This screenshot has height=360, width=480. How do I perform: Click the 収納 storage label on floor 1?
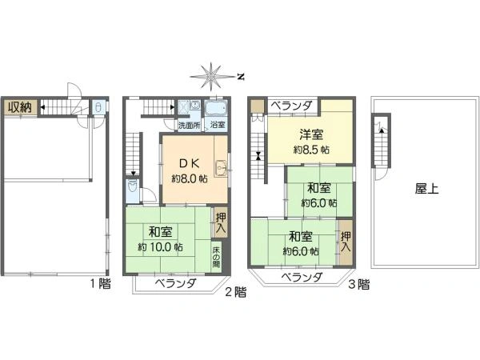coord(20,106)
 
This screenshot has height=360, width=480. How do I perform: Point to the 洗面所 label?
coord(189,125)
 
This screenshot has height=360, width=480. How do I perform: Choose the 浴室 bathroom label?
coord(218,125)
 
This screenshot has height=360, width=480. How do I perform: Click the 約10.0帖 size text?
coord(160,247)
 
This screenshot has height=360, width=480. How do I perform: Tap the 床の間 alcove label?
coord(216,258)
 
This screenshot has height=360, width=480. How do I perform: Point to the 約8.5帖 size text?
coord(311,150)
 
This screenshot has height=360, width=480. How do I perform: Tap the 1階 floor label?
coord(100,282)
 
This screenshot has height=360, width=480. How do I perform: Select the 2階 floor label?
coord(234,292)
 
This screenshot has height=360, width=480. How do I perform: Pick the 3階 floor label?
coord(358,282)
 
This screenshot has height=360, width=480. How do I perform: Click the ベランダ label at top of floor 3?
coord(290,106)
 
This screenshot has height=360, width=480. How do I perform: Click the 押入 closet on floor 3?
coord(345,242)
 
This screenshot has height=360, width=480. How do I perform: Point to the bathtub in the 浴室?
coord(217,110)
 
